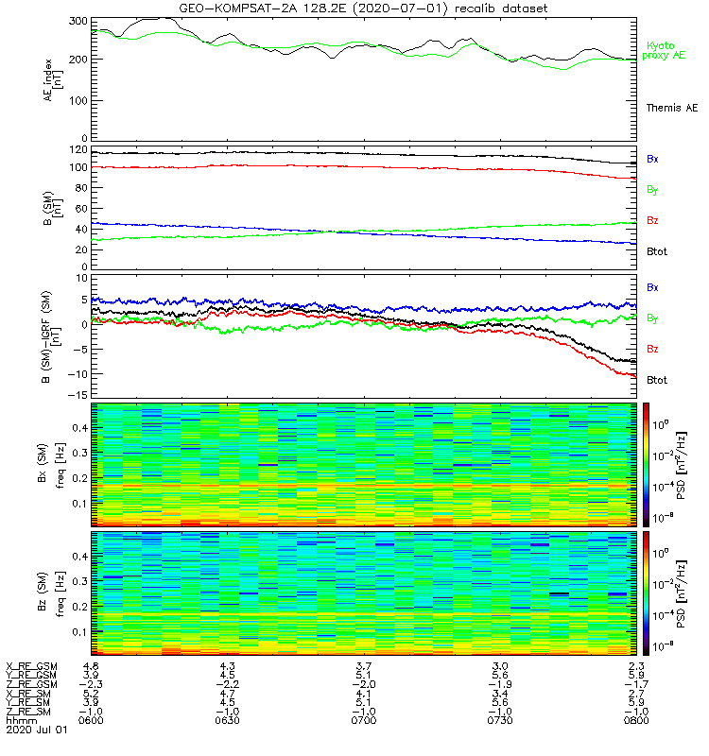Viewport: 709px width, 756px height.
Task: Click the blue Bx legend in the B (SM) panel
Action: [652, 159]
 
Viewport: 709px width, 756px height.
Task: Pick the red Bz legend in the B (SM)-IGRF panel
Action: [652, 350]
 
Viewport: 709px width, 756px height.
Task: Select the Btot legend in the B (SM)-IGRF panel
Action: [657, 380]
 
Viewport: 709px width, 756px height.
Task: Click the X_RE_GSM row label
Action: [32, 666]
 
